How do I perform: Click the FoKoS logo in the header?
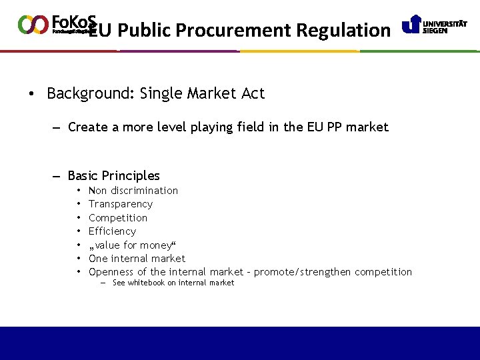coord(56,24)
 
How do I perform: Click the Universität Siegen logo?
coord(434,25)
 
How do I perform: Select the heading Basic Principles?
coord(113,176)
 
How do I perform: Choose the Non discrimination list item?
coord(133,191)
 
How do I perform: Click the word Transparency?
coord(121,204)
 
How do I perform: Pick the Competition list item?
coord(118,218)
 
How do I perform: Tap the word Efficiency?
coord(112,231)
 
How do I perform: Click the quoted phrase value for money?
coord(131,245)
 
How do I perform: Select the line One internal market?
coord(137,259)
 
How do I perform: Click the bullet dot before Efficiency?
coord(79,231)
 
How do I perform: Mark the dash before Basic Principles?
coord(57,176)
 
